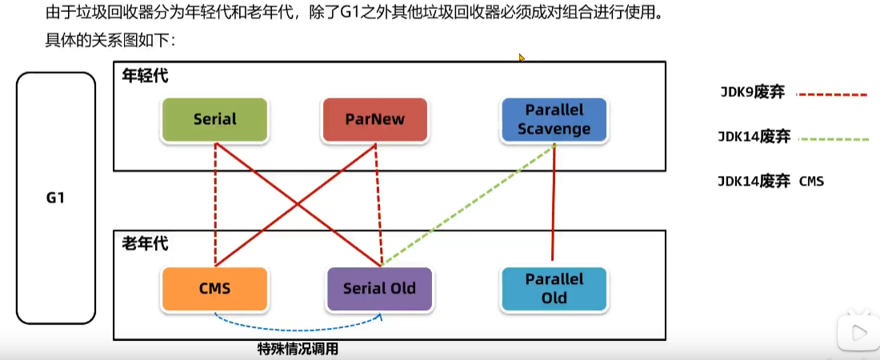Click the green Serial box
click(214, 120)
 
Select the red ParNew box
click(374, 120)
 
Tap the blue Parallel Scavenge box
click(554, 119)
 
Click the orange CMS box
click(214, 288)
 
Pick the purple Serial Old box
click(380, 288)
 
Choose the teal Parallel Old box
click(554, 289)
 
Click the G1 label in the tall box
click(55, 198)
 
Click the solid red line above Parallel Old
click(554, 204)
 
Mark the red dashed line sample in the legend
click(832, 94)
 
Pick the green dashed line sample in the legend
click(832, 139)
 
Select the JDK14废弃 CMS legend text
click(770, 182)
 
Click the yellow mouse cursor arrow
click(522, 58)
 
